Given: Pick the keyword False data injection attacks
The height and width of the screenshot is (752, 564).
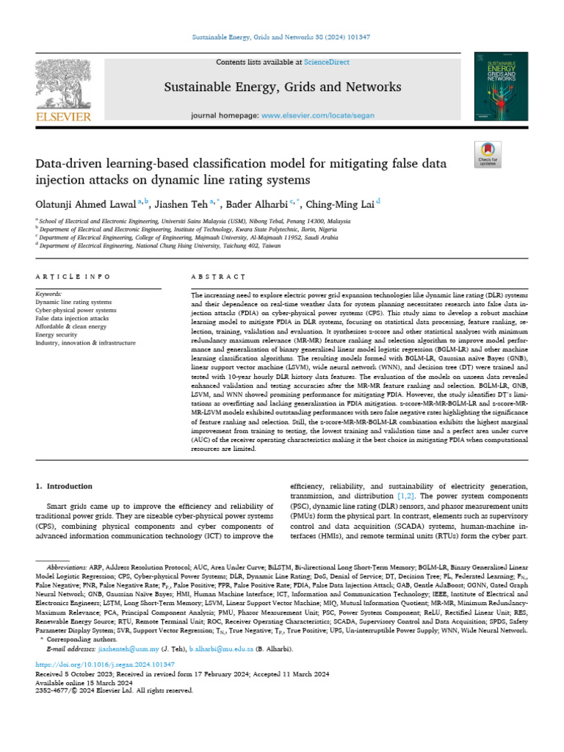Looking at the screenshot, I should (72, 318).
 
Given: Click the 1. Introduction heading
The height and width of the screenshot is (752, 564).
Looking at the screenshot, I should (64, 486).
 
